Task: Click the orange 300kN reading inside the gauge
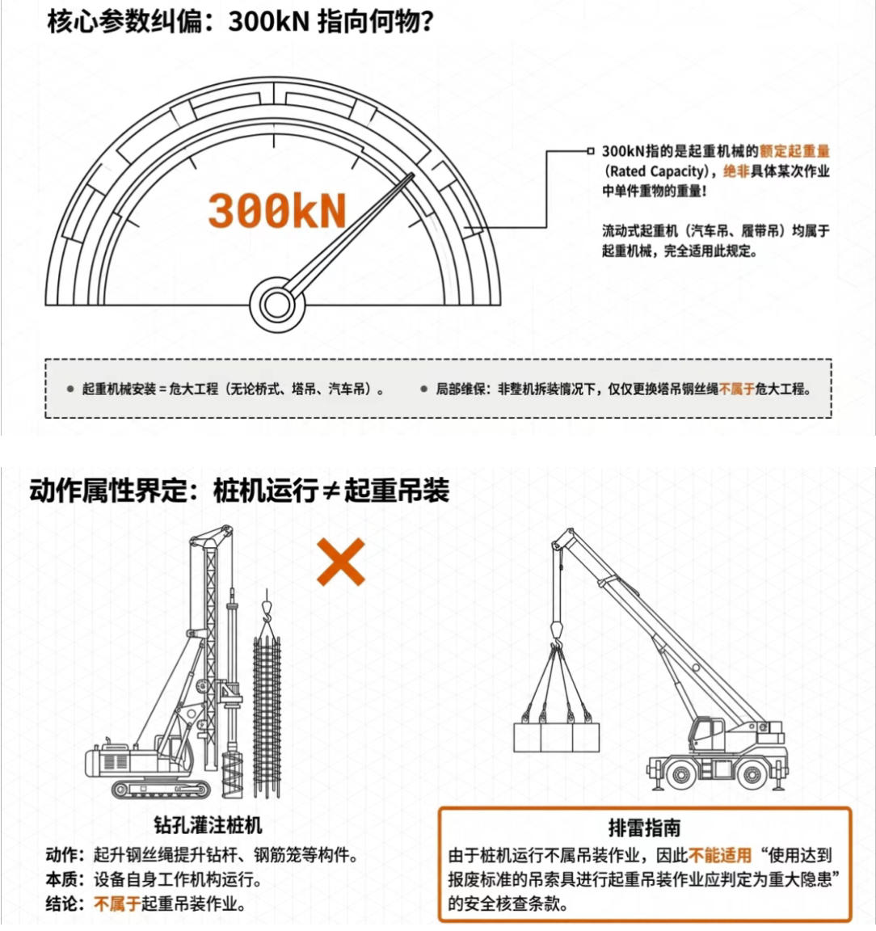click(x=276, y=211)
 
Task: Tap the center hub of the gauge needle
click(x=276, y=304)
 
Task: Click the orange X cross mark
click(x=341, y=562)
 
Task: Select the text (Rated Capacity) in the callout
click(x=656, y=171)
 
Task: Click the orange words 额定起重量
click(x=794, y=151)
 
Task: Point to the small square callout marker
click(x=590, y=151)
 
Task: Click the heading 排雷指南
click(x=644, y=828)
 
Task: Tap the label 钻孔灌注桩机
click(x=208, y=824)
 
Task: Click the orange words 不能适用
click(x=720, y=856)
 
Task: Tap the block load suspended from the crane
click(x=557, y=737)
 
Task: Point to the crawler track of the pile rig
click(x=160, y=789)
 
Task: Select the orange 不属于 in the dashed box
click(x=736, y=390)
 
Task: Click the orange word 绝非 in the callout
click(x=736, y=171)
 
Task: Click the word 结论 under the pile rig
click(x=61, y=904)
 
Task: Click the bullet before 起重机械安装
click(x=70, y=390)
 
